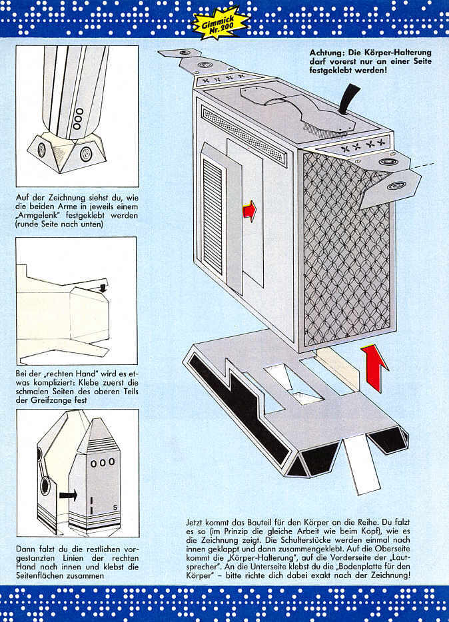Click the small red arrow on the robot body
point(249,211)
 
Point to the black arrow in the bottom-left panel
point(67,495)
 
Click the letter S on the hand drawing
point(115,507)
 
